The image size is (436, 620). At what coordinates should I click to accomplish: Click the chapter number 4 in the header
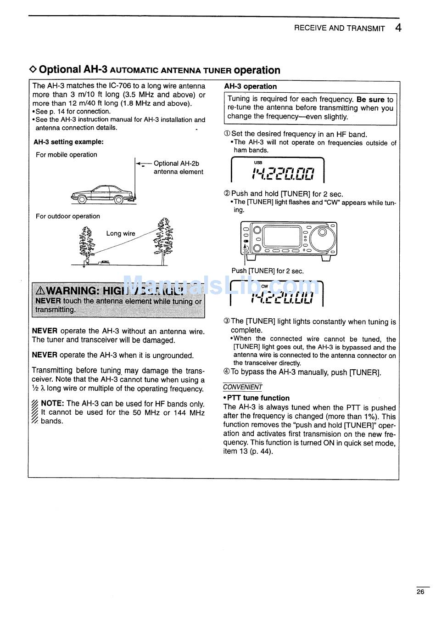click(398, 28)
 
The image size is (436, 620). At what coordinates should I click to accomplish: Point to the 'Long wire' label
click(121, 233)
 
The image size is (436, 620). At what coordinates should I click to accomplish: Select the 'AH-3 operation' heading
click(251, 86)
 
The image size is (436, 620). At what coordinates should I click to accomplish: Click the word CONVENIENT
click(243, 387)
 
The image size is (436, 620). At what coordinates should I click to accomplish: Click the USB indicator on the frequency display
click(258, 163)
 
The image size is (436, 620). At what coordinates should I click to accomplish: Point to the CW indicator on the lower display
click(264, 286)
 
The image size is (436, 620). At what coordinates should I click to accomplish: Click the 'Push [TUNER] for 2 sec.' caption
click(268, 271)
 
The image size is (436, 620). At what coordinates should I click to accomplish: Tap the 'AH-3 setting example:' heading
click(68, 142)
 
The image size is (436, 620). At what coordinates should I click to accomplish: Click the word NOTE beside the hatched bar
click(52, 403)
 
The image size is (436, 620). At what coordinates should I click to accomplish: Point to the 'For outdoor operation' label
click(68, 216)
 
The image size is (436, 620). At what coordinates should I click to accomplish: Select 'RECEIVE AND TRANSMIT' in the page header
click(339, 28)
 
